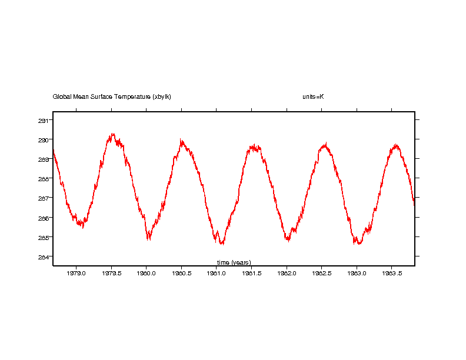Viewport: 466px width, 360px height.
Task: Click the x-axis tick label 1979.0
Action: (76, 274)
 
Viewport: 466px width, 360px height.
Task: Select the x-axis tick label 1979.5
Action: (111, 274)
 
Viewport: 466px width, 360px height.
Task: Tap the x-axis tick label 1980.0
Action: (147, 274)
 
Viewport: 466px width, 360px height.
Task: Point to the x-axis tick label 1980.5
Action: (181, 274)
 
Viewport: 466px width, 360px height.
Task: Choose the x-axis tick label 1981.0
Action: (217, 274)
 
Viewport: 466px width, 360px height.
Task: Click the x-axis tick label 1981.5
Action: (251, 274)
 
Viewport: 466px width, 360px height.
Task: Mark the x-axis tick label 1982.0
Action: (287, 274)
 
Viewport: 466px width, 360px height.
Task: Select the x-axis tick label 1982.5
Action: (321, 274)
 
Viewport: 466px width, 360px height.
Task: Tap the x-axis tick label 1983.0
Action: (357, 274)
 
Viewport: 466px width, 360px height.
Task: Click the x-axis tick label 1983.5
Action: (392, 274)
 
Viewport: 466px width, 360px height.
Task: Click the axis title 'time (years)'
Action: (234, 262)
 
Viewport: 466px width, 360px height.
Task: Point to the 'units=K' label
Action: (313, 96)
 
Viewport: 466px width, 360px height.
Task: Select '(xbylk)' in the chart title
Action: (161, 96)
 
